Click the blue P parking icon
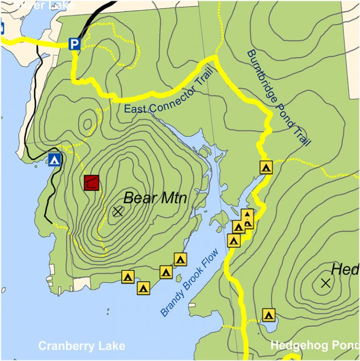(x=74, y=44)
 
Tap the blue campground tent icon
(x=55, y=159)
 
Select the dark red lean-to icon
(x=92, y=183)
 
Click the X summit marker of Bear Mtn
(x=118, y=212)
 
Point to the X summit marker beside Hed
(x=326, y=283)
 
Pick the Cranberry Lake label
(x=82, y=346)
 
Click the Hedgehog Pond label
(x=314, y=346)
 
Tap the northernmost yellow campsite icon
(x=266, y=167)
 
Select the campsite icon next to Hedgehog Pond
(x=268, y=315)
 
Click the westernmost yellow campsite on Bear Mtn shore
(x=128, y=277)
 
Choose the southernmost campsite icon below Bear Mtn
(x=143, y=288)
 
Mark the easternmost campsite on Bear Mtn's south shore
(x=180, y=259)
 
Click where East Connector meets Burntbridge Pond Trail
(x=215, y=58)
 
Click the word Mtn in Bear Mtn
(x=172, y=199)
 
